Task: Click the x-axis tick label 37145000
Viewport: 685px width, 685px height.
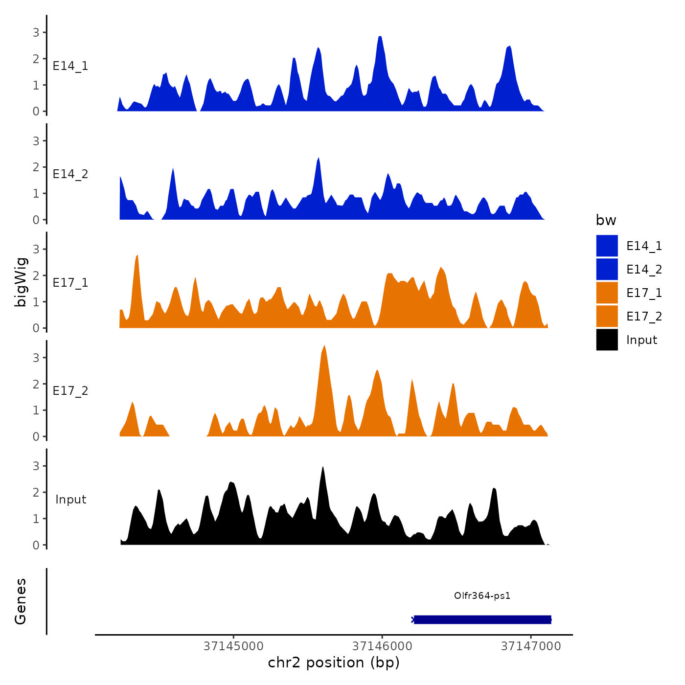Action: click(233, 646)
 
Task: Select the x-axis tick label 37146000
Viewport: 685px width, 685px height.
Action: click(382, 646)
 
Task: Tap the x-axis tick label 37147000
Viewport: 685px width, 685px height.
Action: click(531, 646)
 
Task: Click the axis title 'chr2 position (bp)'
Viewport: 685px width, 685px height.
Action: click(334, 663)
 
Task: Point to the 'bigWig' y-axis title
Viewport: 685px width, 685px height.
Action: click(21, 282)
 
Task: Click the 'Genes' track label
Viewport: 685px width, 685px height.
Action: click(21, 601)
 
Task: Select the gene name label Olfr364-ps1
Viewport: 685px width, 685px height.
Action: click(482, 596)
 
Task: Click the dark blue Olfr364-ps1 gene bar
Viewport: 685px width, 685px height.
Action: click(482, 620)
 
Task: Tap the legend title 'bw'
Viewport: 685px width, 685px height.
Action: click(606, 221)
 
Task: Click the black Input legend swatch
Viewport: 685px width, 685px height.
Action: click(607, 340)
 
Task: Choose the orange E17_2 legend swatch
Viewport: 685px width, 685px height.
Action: click(607, 317)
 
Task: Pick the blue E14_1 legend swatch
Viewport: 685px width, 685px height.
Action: click(607, 246)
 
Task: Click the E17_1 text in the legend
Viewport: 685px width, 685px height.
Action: click(644, 293)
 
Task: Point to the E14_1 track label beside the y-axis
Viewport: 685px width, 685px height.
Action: click(70, 66)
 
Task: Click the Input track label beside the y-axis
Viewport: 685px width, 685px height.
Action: click(70, 500)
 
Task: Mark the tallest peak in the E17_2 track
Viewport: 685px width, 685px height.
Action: click(324, 346)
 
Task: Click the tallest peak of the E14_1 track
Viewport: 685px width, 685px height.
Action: click(380, 37)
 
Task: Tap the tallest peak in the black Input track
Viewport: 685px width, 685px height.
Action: click(322, 468)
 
